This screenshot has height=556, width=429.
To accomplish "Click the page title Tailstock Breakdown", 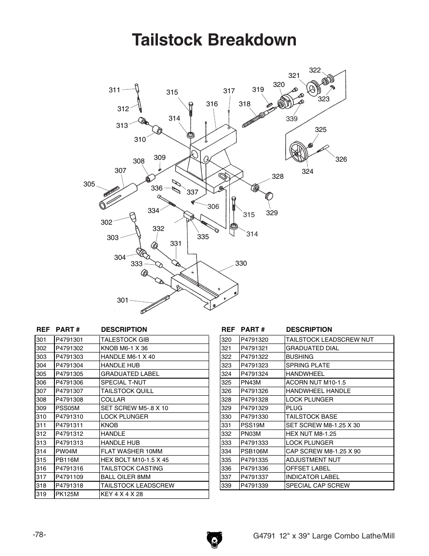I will (214, 40).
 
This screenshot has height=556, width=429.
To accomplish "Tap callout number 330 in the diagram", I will (241, 263).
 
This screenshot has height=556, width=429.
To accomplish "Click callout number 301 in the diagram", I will (123, 300).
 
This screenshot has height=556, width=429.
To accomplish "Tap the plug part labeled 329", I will (269, 196).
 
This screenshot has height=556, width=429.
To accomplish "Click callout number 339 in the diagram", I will (292, 119).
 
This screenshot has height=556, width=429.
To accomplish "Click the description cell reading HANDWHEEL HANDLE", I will (318, 391).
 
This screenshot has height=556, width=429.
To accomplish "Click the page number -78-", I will (40, 534).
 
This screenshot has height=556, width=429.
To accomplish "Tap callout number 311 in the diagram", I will (114, 90).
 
